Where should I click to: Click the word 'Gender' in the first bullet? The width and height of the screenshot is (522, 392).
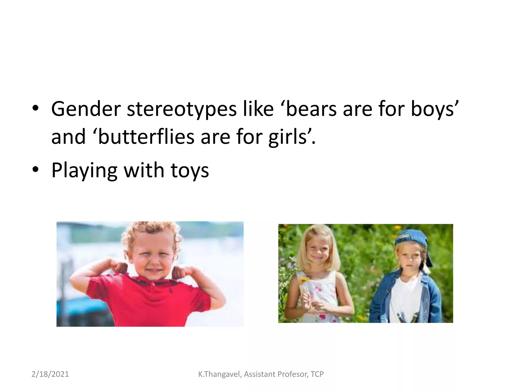86,109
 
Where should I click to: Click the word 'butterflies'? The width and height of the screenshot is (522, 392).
146,137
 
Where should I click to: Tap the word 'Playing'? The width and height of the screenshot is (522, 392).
84,170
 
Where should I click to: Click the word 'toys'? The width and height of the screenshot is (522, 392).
190,170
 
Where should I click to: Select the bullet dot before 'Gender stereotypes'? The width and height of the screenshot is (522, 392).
35,108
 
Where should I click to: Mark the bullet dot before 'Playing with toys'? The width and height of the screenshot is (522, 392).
35,169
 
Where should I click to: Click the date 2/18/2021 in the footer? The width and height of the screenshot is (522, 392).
50,374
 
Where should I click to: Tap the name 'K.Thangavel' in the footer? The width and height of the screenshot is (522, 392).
219,374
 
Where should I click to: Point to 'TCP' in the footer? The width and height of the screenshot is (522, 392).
317,374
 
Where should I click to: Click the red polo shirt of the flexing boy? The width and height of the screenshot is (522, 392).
150,301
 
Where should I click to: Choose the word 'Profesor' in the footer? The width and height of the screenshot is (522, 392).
293,374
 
